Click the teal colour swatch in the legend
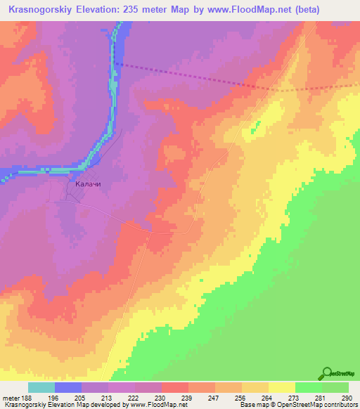tap(41, 387)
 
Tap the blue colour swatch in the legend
tap(68, 387)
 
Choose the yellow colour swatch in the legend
tap(281, 387)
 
